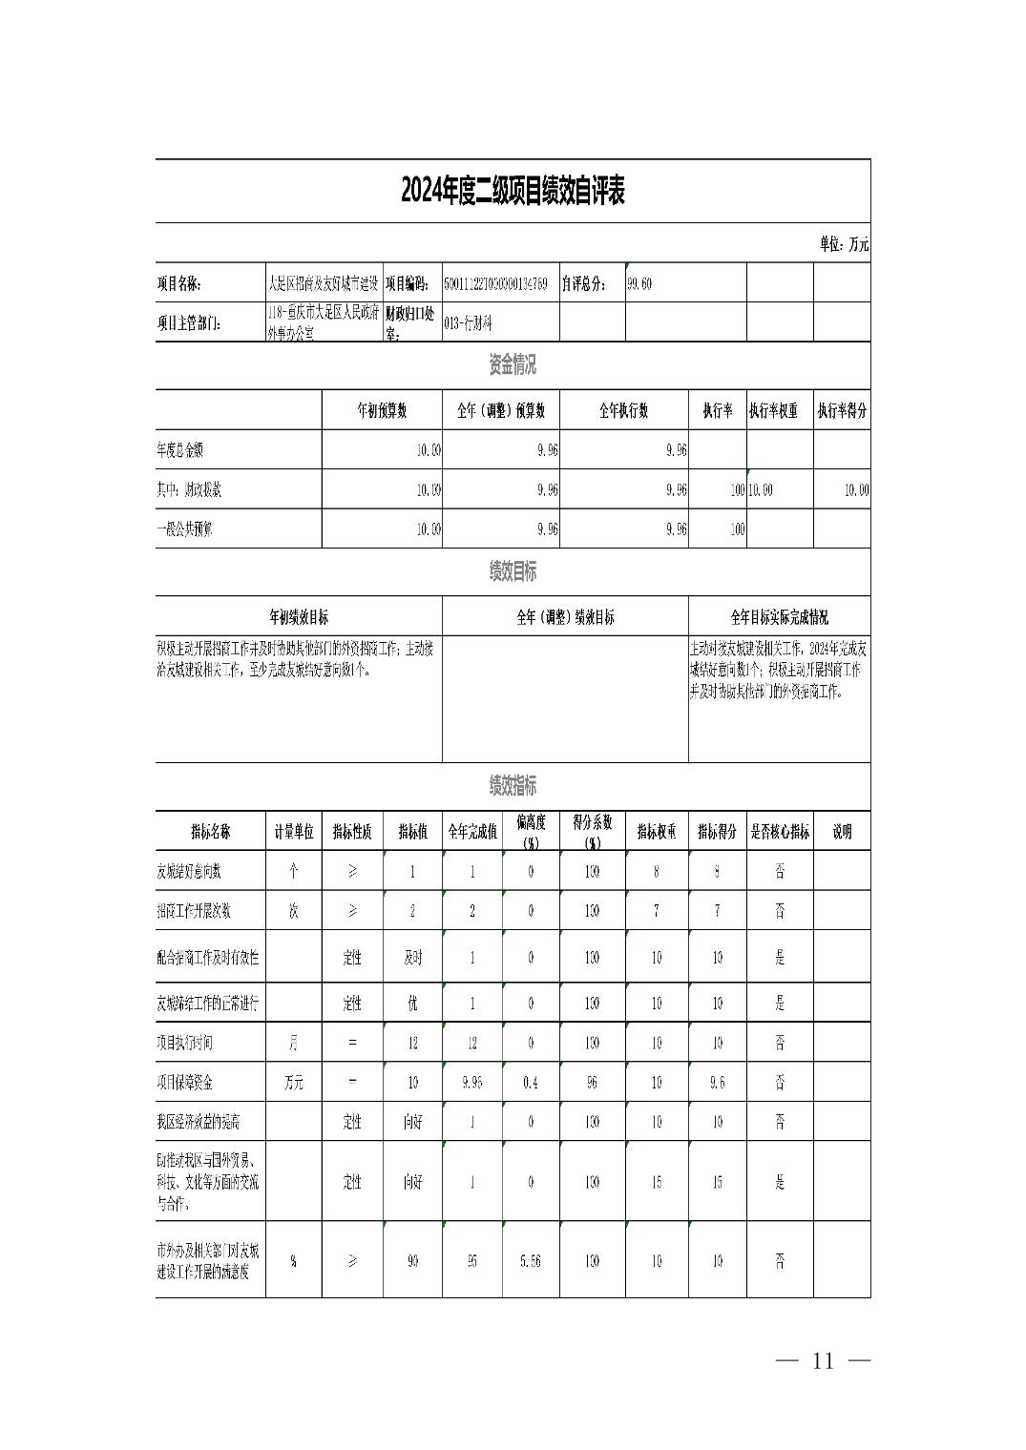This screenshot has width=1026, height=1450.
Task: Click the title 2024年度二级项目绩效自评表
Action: pos(513,192)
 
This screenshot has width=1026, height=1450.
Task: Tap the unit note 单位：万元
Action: pos(844,244)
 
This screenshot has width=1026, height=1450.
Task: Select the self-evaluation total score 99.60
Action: pos(639,283)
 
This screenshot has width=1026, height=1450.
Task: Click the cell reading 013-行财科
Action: pos(468,323)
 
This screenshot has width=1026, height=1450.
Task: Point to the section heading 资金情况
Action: pos(513,364)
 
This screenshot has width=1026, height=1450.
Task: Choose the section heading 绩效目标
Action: pos(513,571)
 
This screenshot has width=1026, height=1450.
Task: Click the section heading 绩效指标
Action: pos(513,786)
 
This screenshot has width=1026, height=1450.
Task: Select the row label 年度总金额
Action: pos(181,449)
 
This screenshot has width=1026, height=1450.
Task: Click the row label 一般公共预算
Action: pos(184,528)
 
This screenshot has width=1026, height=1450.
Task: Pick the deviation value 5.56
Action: pos(531,1260)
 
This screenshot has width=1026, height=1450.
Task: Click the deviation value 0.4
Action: pos(531,1083)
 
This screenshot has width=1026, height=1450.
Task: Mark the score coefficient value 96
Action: pos(592,1083)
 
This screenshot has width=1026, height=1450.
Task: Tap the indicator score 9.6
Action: pos(717,1083)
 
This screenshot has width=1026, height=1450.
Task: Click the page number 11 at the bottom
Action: pos(823,1360)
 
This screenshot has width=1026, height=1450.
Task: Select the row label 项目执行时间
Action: pos(185,1043)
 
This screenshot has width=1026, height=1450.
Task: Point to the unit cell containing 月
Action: pos(294,1043)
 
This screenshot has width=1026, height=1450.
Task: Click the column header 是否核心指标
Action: pos(779,831)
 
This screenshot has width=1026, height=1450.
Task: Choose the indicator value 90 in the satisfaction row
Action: pos(412,1260)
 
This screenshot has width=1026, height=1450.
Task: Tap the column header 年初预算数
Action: pos(382,411)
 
